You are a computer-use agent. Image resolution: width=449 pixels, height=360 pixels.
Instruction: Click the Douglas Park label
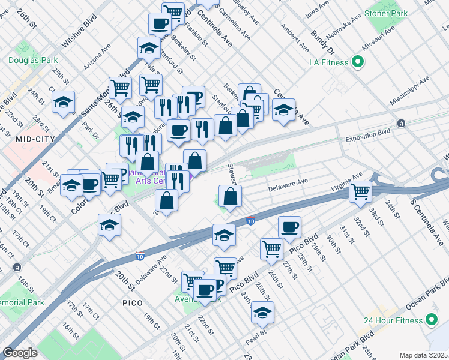pyautogui.click(x=33, y=60)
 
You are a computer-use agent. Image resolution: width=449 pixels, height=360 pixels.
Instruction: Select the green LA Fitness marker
pyautogui.click(x=359, y=62)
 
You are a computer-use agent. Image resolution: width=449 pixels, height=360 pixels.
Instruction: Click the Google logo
pyautogui.click(x=20, y=353)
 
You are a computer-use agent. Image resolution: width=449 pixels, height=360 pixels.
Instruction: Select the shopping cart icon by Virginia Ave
pyautogui.click(x=361, y=191)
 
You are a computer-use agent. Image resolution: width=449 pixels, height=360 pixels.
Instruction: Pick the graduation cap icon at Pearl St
pyautogui.click(x=262, y=312)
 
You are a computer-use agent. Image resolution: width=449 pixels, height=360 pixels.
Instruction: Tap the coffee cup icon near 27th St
pyautogui.click(x=289, y=227)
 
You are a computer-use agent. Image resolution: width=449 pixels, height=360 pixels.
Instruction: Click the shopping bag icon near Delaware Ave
pyautogui.click(x=230, y=196)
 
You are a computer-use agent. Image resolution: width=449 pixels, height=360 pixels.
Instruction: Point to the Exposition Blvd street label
pyautogui.click(x=368, y=139)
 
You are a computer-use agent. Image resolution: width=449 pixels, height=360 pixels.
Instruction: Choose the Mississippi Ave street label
pyautogui.click(x=410, y=90)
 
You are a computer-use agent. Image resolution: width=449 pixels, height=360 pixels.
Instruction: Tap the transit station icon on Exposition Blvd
pyautogui.click(x=402, y=122)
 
